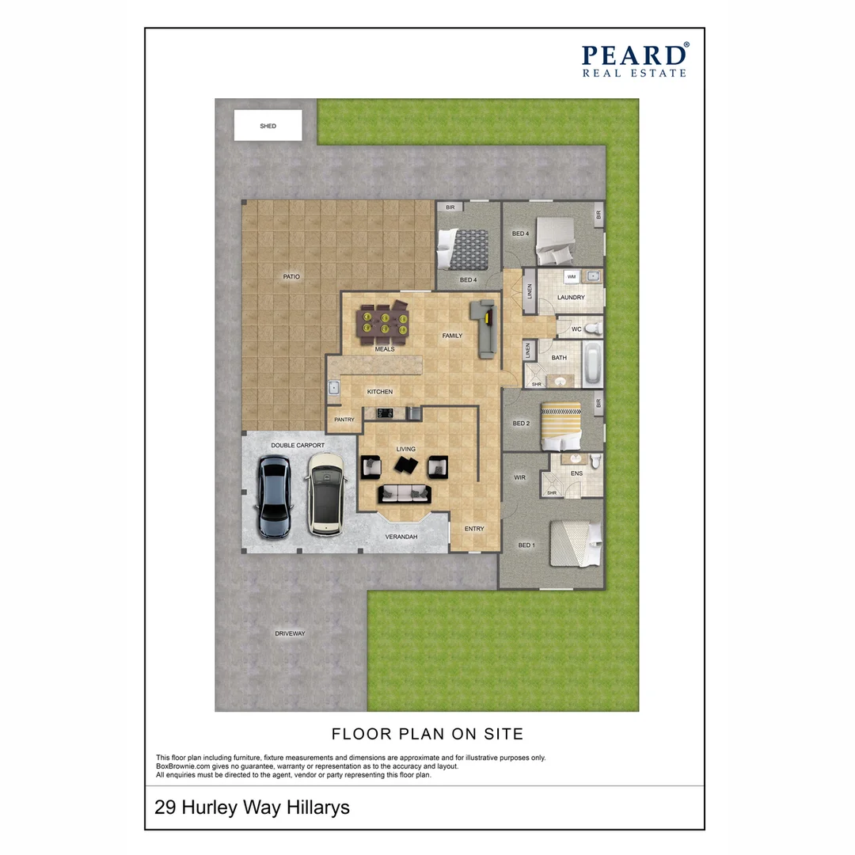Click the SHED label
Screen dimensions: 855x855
point(268,126)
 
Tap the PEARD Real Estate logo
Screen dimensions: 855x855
point(635,60)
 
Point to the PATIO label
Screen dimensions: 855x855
point(291,276)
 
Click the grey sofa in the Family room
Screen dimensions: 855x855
point(484,329)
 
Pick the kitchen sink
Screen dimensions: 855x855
point(334,388)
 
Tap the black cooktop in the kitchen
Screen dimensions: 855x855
point(386,413)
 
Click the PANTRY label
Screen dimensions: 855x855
point(344,420)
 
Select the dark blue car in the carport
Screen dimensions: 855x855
point(274,497)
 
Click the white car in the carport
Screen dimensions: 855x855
point(325,495)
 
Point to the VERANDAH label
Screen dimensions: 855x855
point(401,537)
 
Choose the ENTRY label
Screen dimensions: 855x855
point(474,529)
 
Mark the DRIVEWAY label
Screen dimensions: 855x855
point(290,633)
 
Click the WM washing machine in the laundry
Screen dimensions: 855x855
point(572,277)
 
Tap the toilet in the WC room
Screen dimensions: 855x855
point(595,329)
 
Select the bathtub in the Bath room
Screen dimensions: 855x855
point(592,363)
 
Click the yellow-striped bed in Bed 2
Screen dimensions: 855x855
point(561,427)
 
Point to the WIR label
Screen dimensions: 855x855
point(519,477)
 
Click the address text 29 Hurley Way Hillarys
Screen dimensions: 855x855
point(252,807)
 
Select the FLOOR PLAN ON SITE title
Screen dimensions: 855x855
point(427,734)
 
